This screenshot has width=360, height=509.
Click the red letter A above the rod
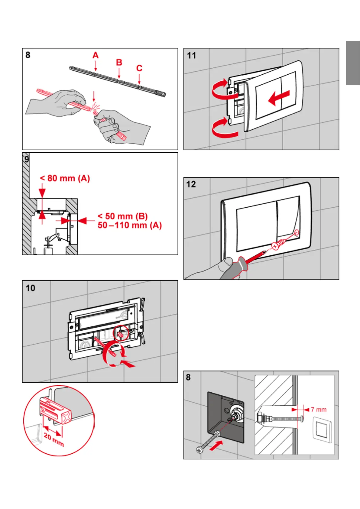coord(96,55)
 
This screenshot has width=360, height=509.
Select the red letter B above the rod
coord(119,62)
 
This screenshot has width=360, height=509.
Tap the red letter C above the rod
coord(139,68)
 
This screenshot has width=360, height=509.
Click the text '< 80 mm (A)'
coord(65,178)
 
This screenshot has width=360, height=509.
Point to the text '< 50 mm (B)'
coord(123,216)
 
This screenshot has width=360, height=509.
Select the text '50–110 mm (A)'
coord(130,225)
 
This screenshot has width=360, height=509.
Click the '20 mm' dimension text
coord(54,440)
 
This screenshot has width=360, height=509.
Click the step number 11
coord(192,56)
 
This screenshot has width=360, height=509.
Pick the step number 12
coord(191,184)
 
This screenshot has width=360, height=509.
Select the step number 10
coord(30,288)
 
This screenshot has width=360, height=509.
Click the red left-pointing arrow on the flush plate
coord(279,98)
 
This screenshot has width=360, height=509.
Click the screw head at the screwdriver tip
coord(275,246)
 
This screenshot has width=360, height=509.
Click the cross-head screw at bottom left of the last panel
coord(199,450)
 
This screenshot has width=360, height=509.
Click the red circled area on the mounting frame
coord(120,334)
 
